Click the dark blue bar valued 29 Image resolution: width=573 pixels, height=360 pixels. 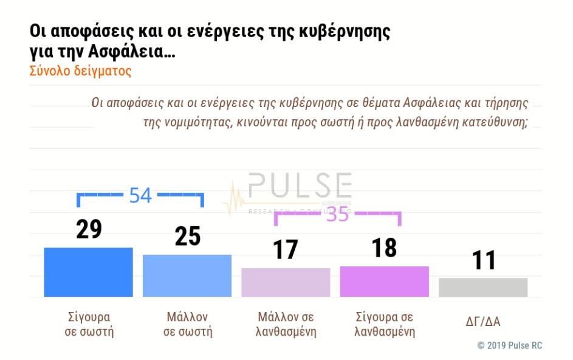click(x=88, y=272)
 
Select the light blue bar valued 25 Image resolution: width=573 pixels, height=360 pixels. click(x=187, y=275)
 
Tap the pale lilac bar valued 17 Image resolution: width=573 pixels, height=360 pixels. click(x=286, y=282)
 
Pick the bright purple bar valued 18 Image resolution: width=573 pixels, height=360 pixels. click(x=384, y=281)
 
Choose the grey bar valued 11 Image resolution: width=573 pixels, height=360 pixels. click(x=483, y=287)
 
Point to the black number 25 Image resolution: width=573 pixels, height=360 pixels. click(x=187, y=237)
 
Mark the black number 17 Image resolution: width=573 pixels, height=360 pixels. click(x=286, y=249)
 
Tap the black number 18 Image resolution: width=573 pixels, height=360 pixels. click(x=384, y=247)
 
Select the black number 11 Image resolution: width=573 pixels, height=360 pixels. click(x=484, y=260)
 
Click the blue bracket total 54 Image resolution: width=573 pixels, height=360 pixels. click(x=140, y=195)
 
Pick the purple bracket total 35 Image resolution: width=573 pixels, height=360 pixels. click(x=338, y=215)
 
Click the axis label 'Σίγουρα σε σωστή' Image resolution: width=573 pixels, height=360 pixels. click(x=89, y=324)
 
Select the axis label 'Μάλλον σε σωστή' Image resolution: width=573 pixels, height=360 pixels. click(x=187, y=324)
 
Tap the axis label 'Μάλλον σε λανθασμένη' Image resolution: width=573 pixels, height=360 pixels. click(x=286, y=324)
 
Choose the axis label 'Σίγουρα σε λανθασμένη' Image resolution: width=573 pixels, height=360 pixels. click(x=384, y=324)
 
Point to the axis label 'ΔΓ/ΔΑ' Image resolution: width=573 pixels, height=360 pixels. click(x=483, y=322)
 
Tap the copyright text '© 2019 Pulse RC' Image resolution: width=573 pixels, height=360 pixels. click(x=509, y=345)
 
